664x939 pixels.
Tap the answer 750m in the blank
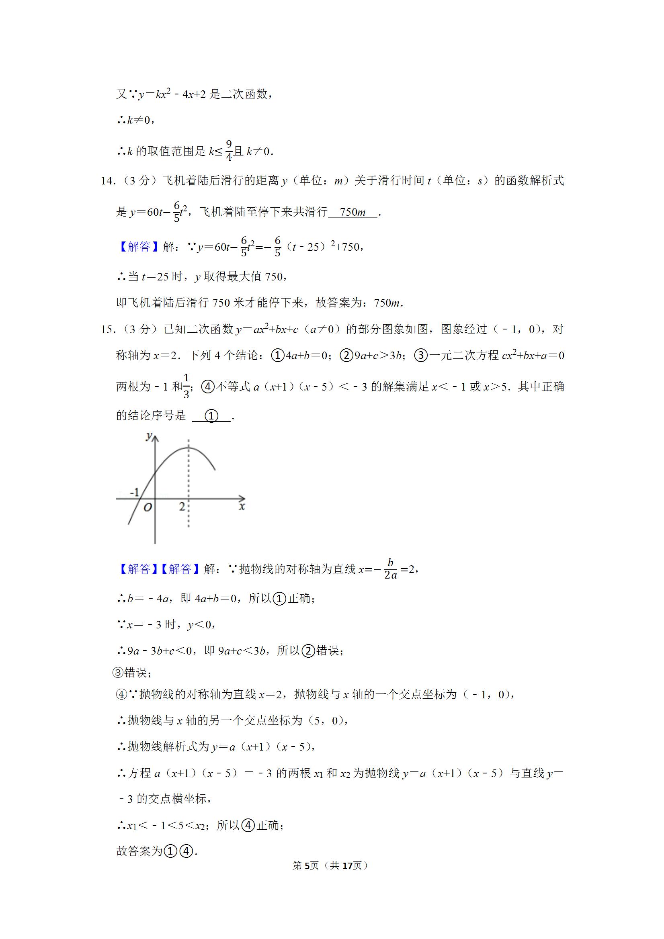tap(352, 212)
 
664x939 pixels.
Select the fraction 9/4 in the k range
tap(229, 151)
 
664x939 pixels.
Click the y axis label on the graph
tap(149, 436)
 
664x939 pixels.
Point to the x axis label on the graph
tap(242, 507)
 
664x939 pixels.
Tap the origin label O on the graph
tap(148, 507)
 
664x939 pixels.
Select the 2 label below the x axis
tap(182, 507)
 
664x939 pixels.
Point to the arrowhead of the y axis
tap(155, 438)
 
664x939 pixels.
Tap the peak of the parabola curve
tap(189, 448)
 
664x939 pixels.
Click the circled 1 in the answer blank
tap(211, 416)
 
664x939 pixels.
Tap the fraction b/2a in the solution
tap(391, 569)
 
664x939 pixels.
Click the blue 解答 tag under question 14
tap(139, 247)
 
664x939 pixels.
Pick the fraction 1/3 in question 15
tap(186, 386)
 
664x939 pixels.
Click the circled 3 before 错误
tap(117, 673)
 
